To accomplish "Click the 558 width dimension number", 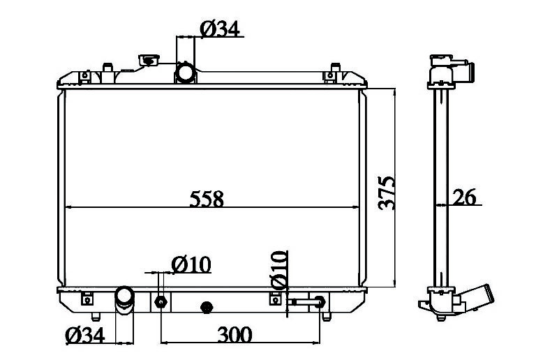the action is (x=207, y=199).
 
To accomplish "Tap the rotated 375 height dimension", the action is (x=387, y=193).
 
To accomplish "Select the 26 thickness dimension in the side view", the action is (x=464, y=197).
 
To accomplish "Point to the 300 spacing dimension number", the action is (x=234, y=335).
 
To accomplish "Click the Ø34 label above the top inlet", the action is (x=220, y=29).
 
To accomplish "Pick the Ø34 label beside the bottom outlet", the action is (x=84, y=335).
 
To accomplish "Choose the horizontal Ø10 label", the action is (x=191, y=264).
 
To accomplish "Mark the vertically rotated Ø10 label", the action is (x=278, y=270).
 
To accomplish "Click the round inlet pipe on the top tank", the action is (x=185, y=73).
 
